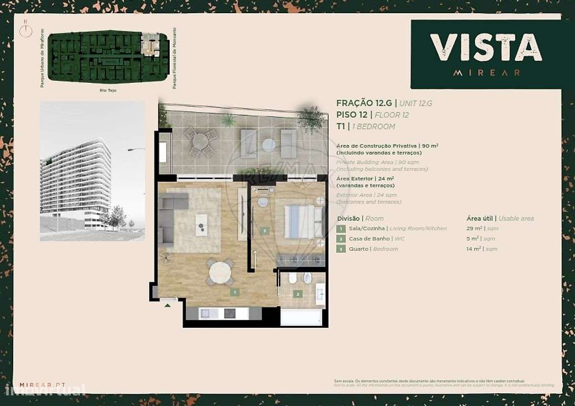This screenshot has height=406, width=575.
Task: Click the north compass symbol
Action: coord(25,30)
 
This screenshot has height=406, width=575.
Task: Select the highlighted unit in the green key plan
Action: coord(150,45)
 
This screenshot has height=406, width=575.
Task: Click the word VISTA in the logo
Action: coord(486,48)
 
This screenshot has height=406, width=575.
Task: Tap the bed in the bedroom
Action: coord(303,221)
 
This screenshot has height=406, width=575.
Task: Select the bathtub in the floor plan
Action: coord(301,317)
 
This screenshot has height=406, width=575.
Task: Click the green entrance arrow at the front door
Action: coord(167,305)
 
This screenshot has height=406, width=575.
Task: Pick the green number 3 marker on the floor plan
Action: coord(264,231)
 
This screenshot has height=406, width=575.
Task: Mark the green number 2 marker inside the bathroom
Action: coord(298,293)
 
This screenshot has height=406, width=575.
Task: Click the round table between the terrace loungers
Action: coord(268,145)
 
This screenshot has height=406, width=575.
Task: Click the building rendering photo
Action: coord(92,171)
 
